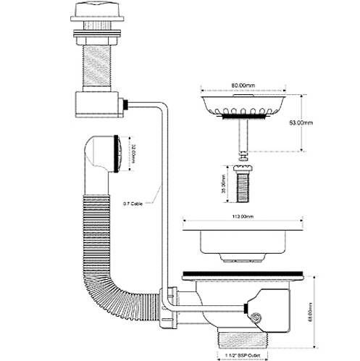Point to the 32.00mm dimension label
tap(133, 155)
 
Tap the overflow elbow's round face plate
tap(114, 154)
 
